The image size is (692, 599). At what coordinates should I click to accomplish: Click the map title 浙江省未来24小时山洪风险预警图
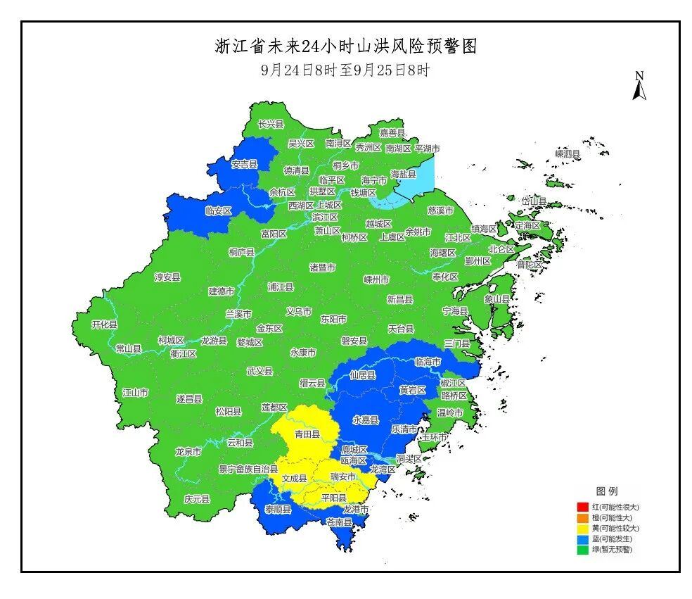click(x=345, y=46)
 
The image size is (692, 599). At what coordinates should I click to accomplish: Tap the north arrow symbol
click(x=639, y=87)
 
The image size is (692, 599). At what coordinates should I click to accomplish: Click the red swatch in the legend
click(x=582, y=507)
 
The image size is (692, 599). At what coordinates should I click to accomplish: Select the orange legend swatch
click(x=582, y=517)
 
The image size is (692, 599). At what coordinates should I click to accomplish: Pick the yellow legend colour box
click(x=582, y=528)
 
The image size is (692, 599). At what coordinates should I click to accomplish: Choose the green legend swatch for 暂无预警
click(x=582, y=549)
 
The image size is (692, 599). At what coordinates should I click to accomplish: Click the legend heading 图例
click(x=606, y=491)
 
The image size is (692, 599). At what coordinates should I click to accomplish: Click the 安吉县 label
click(x=244, y=164)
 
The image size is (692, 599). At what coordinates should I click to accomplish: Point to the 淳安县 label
click(x=167, y=277)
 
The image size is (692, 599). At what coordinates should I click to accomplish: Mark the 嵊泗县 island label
click(x=568, y=153)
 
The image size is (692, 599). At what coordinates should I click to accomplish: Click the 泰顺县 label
click(x=278, y=509)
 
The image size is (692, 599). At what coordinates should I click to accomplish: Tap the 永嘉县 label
click(x=366, y=420)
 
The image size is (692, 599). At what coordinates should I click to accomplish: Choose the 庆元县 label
click(x=197, y=498)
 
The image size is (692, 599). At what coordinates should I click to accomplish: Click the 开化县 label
click(x=105, y=324)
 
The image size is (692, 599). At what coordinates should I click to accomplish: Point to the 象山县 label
click(x=496, y=298)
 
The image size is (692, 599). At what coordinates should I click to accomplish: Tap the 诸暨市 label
click(x=322, y=267)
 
